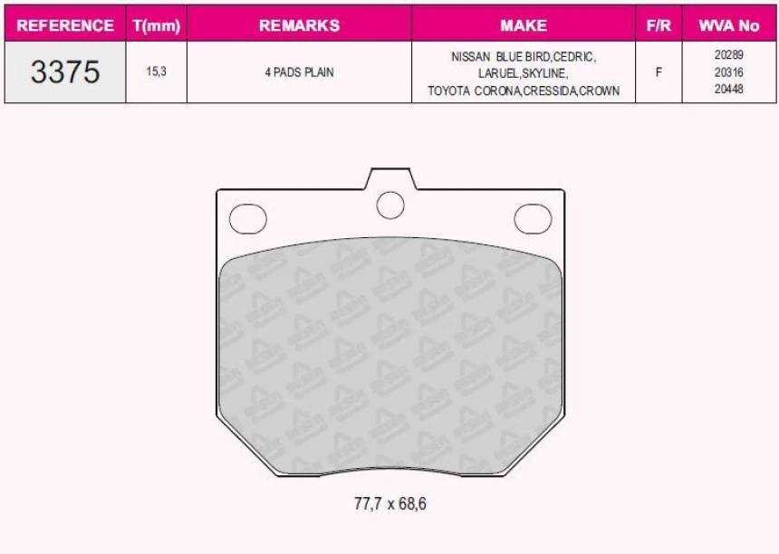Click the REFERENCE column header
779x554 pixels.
pos(65,25)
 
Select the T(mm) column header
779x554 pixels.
pos(157,25)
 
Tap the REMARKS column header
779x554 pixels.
pos(299,25)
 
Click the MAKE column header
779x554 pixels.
pos(524,25)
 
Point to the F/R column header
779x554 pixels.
pos(659,25)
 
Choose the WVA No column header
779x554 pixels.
pos(728,25)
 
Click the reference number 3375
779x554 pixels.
pos(65,72)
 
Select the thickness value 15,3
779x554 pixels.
pos(156,72)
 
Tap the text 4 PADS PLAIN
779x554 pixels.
pos(299,72)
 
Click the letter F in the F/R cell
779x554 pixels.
pos(659,72)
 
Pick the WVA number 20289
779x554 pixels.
pos(728,55)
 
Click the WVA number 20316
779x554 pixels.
pos(728,72)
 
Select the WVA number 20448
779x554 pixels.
pos(728,90)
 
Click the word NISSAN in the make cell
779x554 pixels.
pos(471,56)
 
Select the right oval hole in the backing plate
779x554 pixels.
pos(533,218)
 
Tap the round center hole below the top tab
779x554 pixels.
pos(389,205)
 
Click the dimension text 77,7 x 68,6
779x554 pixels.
pos(389,503)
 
